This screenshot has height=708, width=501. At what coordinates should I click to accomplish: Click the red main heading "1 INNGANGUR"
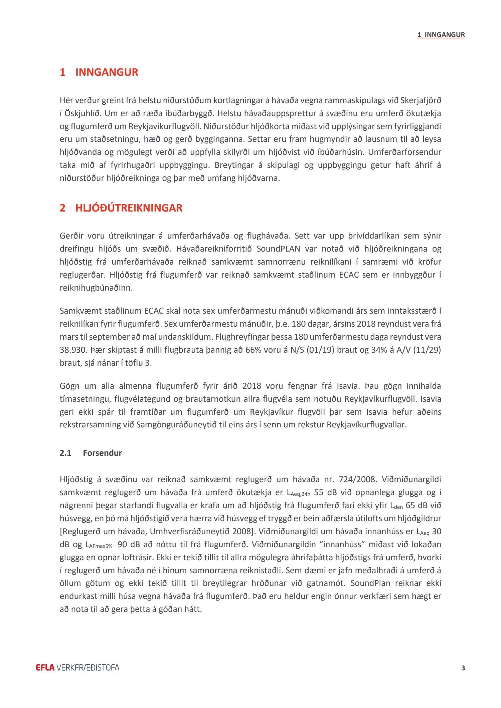tap(99, 72)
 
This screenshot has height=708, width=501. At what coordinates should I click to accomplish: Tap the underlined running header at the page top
tap(441, 35)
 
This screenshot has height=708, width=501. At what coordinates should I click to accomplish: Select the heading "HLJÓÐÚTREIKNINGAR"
tap(129, 208)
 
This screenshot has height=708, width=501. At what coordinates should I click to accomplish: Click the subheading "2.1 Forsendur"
tap(91, 453)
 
